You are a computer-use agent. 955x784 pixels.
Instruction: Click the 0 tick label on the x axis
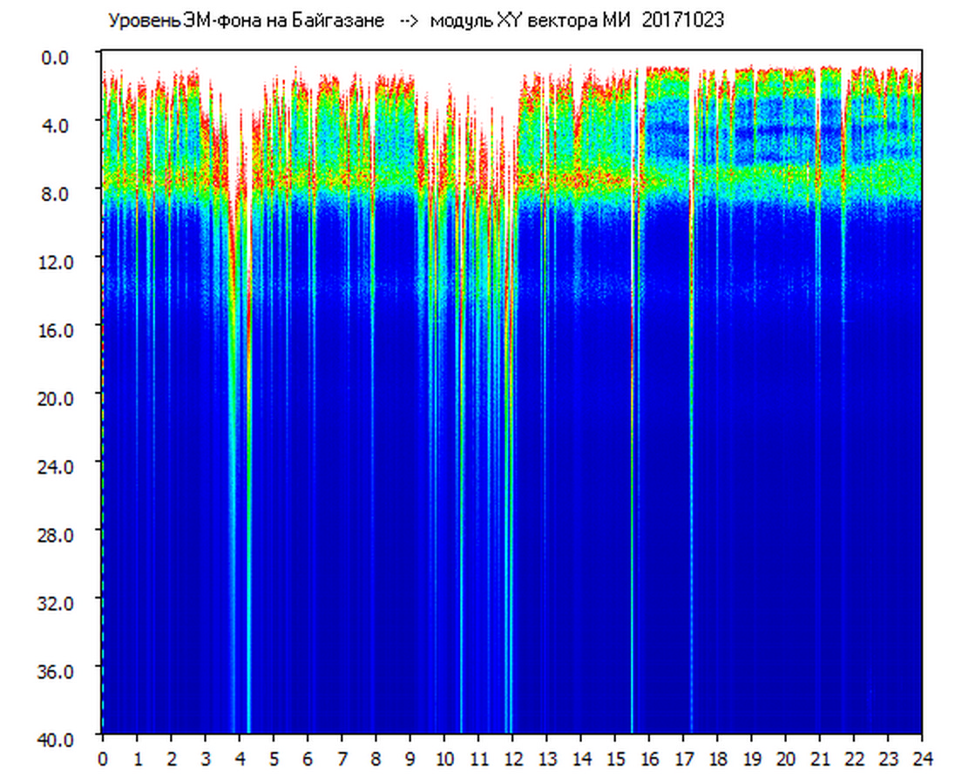point(103,759)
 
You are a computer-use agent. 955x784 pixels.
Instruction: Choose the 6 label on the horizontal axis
point(308,759)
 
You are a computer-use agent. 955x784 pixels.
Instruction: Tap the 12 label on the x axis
point(512,759)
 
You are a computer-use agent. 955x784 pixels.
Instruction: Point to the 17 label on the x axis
point(683,759)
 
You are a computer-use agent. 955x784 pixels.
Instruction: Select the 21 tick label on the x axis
point(820,759)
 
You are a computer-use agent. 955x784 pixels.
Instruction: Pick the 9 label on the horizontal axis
point(410,759)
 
